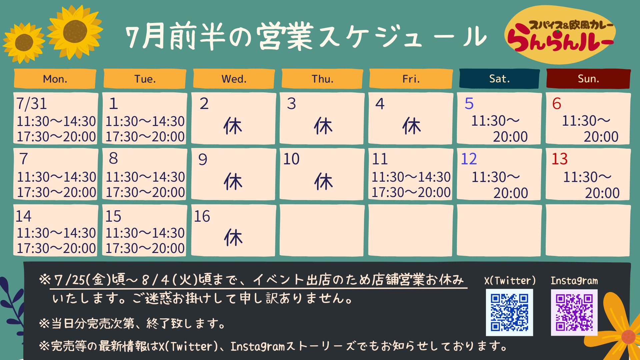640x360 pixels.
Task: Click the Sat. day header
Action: pos(499,79)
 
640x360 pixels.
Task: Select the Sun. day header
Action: pos(588,79)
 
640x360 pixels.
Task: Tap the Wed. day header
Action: pos(234,79)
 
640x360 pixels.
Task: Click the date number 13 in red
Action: pos(559,159)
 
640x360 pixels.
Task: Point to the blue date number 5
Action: pos(469,104)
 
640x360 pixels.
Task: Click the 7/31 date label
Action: pos(32,104)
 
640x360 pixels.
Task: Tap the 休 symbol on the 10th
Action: pos(323,182)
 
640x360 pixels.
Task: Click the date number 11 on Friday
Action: pos(380,159)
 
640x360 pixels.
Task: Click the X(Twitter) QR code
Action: pos(509,312)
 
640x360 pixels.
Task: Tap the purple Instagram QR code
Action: pos(574,312)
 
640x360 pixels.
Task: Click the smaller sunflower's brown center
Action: pos(24,42)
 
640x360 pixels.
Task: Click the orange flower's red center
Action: pos(628,337)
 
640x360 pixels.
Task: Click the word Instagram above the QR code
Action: pos(574,281)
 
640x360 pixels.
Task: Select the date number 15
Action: pos(113,216)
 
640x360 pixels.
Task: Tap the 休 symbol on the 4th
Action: pos(412,126)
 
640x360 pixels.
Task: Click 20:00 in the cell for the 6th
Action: pos(601,137)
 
